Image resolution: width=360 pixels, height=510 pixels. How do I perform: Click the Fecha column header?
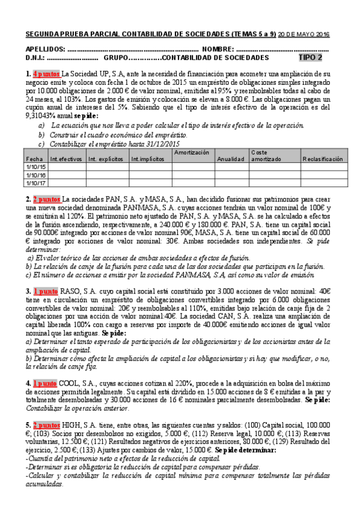click(x=34, y=159)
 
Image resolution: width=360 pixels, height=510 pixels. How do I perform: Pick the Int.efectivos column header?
click(x=66, y=159)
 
